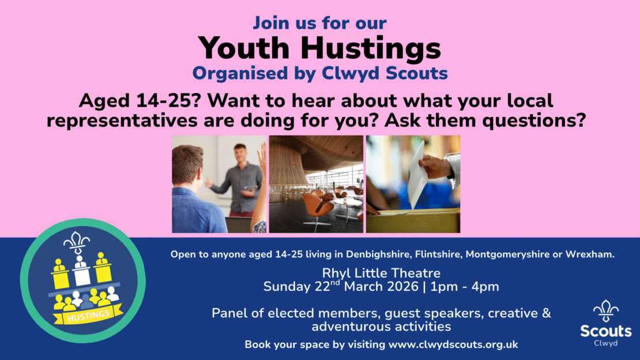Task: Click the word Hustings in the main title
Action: point(371,49)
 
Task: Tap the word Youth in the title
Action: point(244,48)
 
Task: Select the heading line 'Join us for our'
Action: point(319,23)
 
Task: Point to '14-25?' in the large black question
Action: point(168,100)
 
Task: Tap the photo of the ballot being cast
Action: point(413,184)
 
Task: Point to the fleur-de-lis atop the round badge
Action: point(76,242)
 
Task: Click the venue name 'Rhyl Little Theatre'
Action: point(381,273)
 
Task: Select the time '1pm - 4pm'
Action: point(465,287)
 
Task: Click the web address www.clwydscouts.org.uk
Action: point(453,344)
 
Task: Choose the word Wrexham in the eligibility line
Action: point(590,254)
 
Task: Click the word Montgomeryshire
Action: point(508,254)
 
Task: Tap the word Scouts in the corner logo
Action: point(606,331)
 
